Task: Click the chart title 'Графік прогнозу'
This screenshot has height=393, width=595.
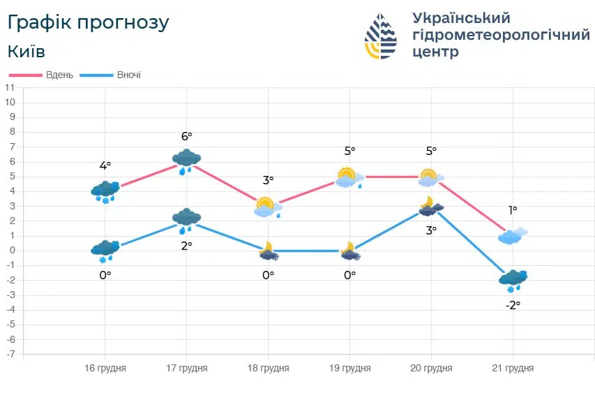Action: (88, 22)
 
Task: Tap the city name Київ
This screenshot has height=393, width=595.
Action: (27, 52)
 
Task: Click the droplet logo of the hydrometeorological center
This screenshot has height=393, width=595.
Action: (381, 36)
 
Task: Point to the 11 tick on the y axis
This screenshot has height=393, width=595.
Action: (10, 88)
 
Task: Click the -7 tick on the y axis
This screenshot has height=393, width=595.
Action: (10, 355)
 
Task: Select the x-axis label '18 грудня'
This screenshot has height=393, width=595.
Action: (268, 368)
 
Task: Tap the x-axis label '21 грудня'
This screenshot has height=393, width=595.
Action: (513, 368)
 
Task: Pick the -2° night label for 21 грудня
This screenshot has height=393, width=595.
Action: (513, 305)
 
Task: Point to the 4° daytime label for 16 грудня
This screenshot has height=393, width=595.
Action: (105, 166)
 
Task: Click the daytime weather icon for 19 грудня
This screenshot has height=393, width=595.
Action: (349, 178)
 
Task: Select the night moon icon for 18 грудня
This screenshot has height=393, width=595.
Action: (269, 251)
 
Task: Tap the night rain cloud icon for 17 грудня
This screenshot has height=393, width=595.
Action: (186, 220)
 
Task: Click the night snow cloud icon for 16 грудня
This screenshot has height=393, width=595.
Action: (105, 251)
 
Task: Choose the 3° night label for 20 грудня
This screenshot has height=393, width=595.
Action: (431, 230)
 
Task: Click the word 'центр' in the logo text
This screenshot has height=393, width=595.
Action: (436, 52)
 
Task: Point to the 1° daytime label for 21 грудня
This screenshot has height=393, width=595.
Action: (513, 210)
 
